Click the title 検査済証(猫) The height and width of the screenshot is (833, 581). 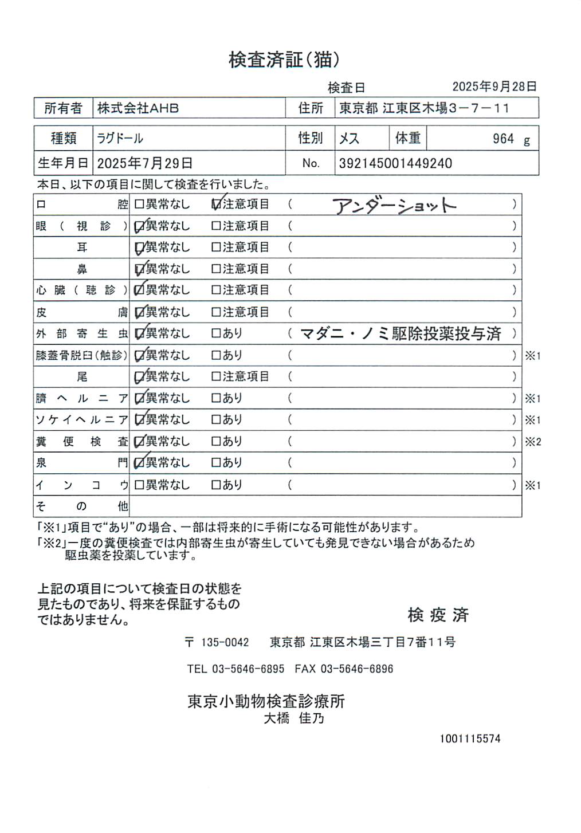pos(284,60)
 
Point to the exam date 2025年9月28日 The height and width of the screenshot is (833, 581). pos(494,87)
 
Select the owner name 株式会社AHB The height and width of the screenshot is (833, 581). pos(138,108)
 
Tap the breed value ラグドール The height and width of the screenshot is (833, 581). pos(120,139)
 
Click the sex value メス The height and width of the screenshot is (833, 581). pos(349,139)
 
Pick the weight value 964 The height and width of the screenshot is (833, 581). pos(503,139)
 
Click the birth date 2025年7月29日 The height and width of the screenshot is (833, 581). pos(144,163)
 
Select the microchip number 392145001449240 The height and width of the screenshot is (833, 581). pos(395,163)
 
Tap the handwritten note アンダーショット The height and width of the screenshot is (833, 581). pos(394,206)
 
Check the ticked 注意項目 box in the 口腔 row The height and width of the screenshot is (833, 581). pos(216,205)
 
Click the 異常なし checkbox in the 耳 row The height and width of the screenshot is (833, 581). pos(139,247)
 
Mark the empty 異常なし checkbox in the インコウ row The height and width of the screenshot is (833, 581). pos(139,485)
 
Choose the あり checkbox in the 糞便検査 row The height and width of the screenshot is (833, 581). pos(216,442)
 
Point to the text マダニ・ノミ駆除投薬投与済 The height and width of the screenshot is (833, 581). pos(401,333)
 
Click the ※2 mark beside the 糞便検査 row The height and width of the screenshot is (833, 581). pos(533,442)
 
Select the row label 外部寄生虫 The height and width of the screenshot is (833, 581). pos(81,333)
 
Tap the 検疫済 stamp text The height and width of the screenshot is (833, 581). pos(438,615)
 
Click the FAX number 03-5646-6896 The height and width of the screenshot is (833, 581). pos(356,669)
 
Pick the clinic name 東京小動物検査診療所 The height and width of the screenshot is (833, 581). pos(266,701)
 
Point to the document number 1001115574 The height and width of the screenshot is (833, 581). pos(470,739)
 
